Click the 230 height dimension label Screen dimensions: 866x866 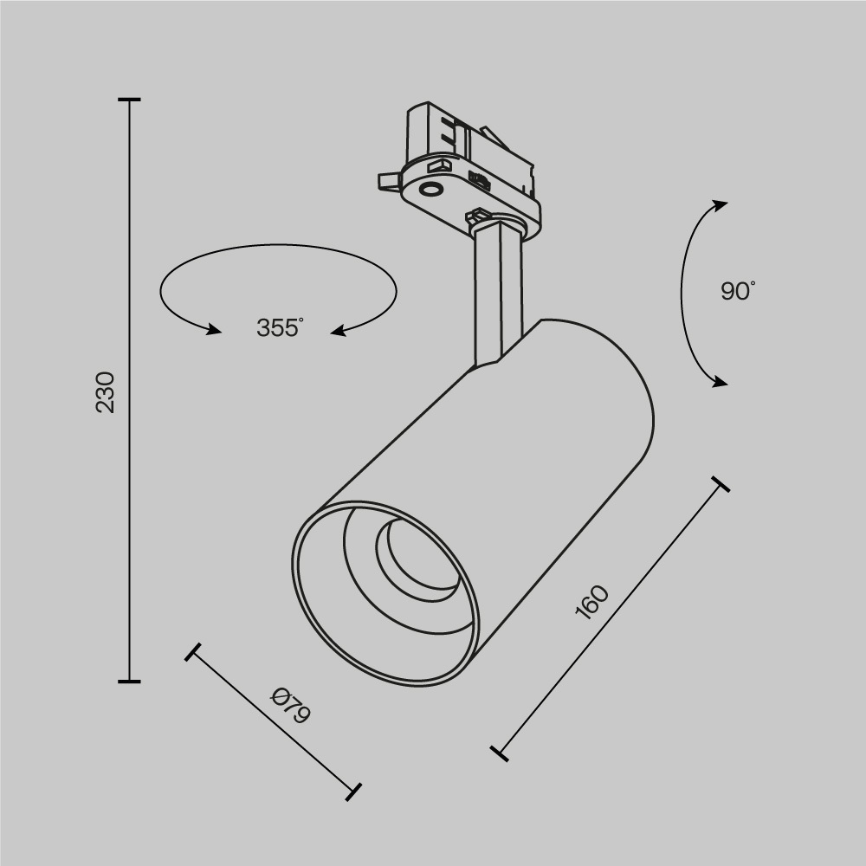coord(105,391)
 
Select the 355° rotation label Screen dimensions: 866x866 coord(279,328)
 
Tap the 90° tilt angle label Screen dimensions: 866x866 coord(737,291)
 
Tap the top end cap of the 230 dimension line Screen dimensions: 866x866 coord(129,100)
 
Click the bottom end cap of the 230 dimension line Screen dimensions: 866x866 coord(129,682)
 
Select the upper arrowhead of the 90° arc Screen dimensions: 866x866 coord(720,204)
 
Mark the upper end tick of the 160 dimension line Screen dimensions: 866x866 coord(720,483)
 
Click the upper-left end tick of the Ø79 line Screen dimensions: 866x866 coord(193,652)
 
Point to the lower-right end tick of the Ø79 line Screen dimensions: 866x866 coord(352,791)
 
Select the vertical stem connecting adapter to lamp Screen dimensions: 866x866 coord(498,294)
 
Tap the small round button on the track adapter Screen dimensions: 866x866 coord(429,190)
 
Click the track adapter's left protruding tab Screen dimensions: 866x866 coord(388,179)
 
